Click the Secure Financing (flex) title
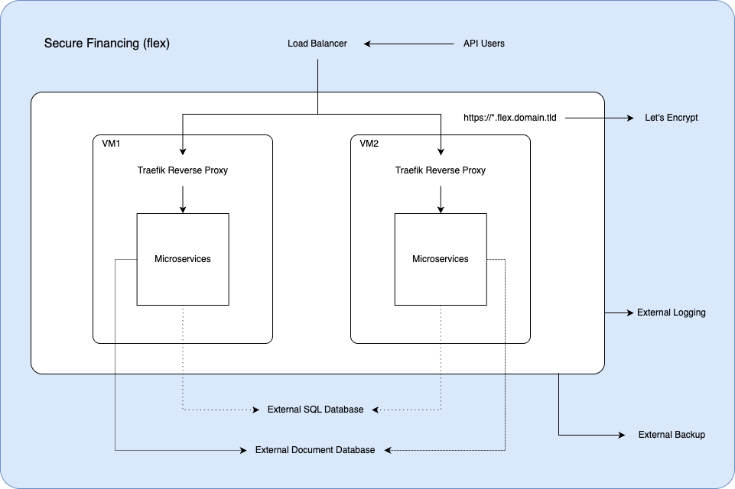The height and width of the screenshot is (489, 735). [x=107, y=44]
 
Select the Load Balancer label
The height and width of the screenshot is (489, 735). [x=317, y=44]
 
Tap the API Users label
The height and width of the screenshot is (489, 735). [x=484, y=44]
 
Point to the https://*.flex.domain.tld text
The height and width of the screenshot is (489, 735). [x=510, y=118]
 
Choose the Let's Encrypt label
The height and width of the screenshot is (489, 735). [x=672, y=118]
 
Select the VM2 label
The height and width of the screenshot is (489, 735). [x=370, y=144]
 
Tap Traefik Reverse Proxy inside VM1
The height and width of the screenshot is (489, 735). [x=183, y=170]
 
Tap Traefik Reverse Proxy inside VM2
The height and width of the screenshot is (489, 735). [x=441, y=170]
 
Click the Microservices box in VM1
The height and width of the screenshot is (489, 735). [x=183, y=259]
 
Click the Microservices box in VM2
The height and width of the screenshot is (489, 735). [x=441, y=259]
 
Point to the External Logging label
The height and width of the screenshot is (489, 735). [x=672, y=313]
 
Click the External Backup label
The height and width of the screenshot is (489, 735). [x=672, y=435]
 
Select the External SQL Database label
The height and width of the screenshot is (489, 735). [x=315, y=410]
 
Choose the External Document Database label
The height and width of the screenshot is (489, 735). [x=315, y=450]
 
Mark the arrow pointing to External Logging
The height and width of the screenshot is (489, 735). [x=620, y=313]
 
